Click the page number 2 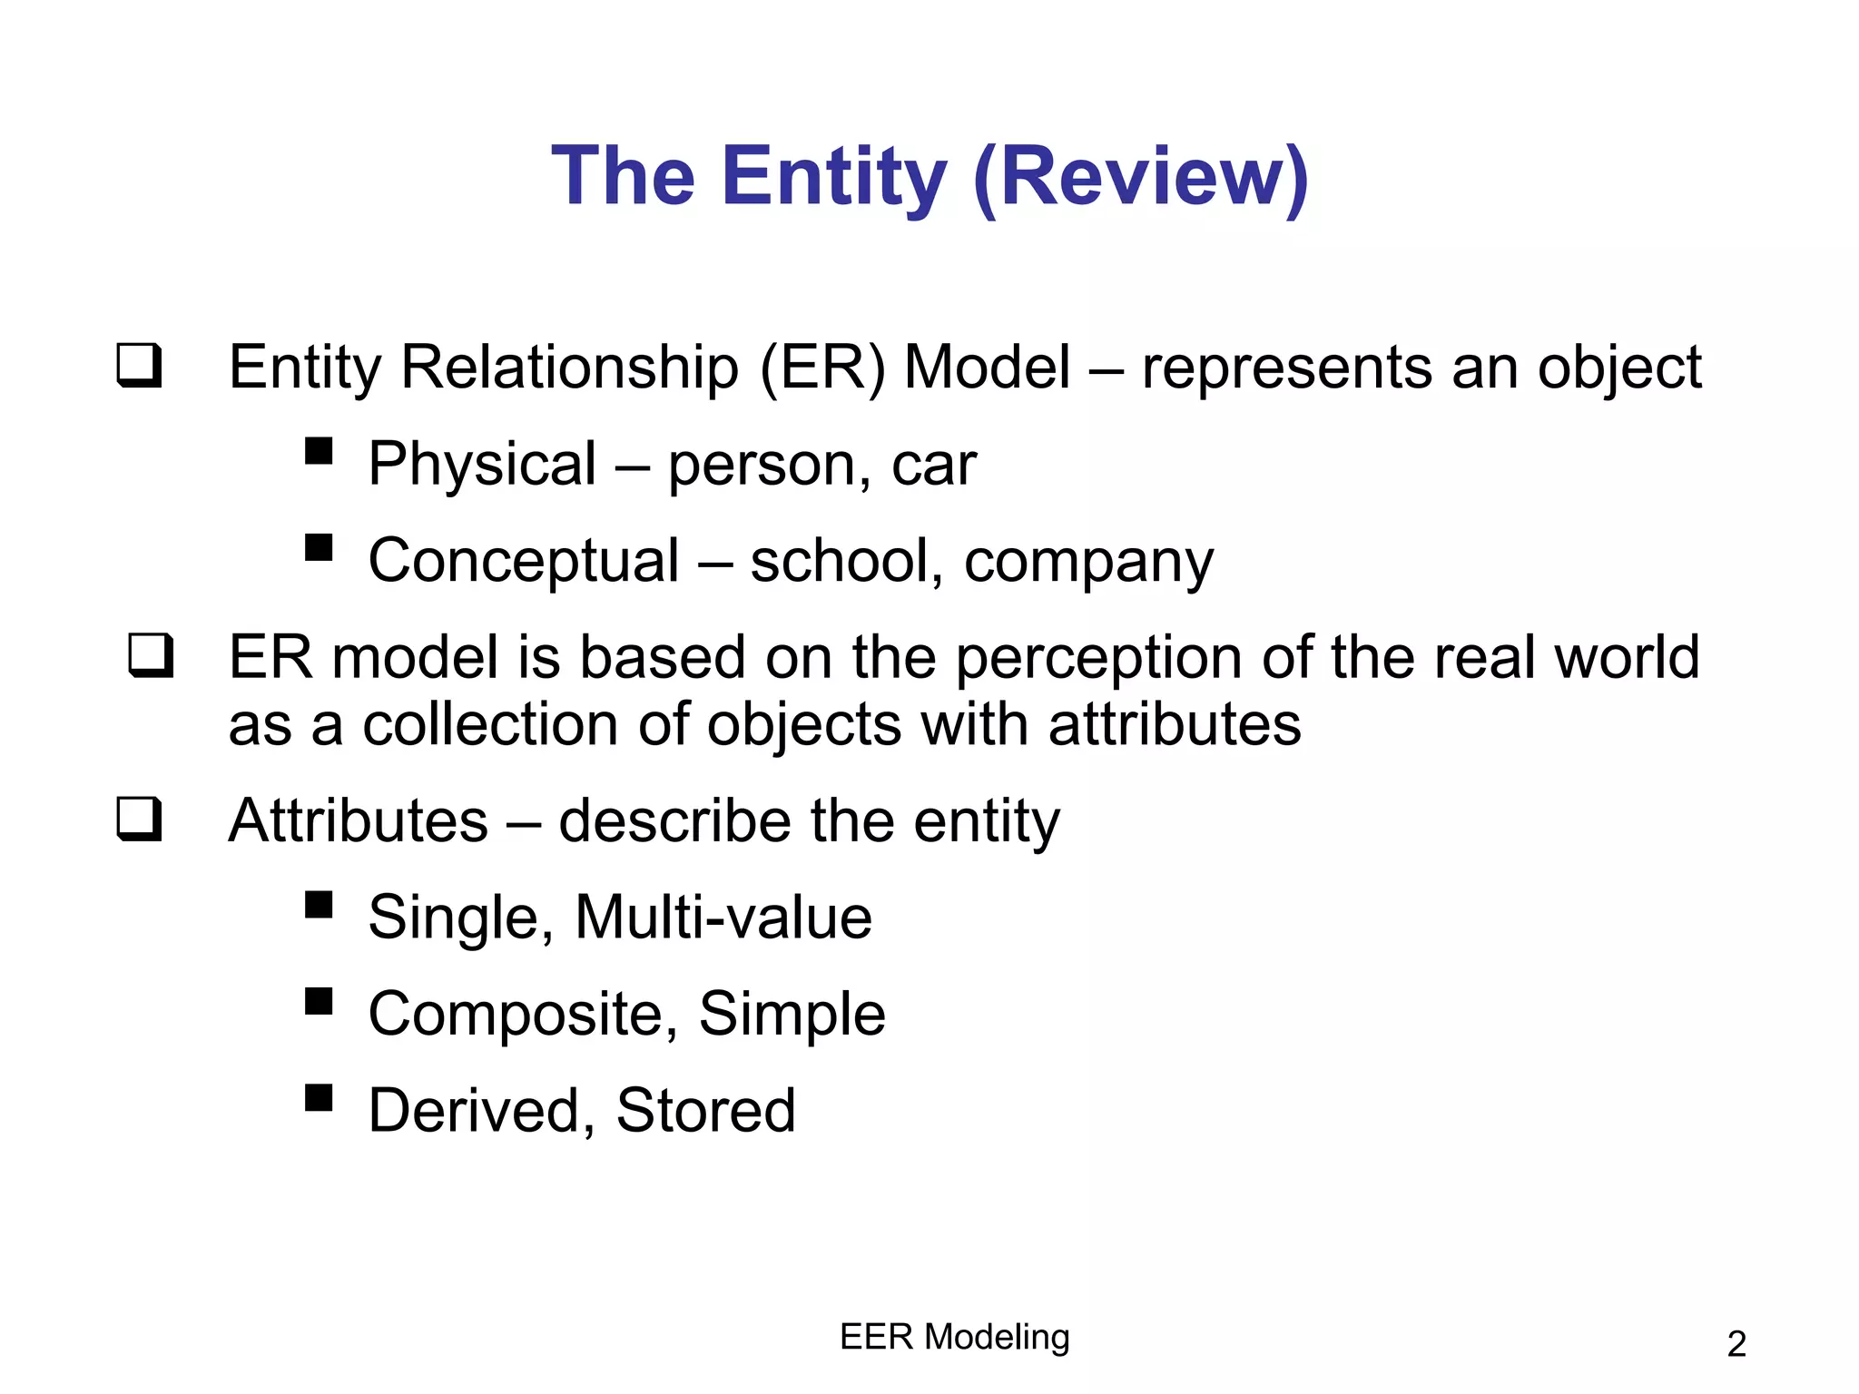tap(1736, 1344)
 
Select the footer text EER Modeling tap(955, 1337)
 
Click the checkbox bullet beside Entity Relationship tap(140, 366)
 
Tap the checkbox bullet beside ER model tap(151, 655)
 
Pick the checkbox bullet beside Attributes tap(140, 819)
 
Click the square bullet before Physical tap(319, 451)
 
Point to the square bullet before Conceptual tap(319, 547)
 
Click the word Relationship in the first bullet tap(569, 368)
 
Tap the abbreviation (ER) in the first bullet tap(821, 368)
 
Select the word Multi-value tap(723, 918)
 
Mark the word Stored tap(705, 1110)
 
